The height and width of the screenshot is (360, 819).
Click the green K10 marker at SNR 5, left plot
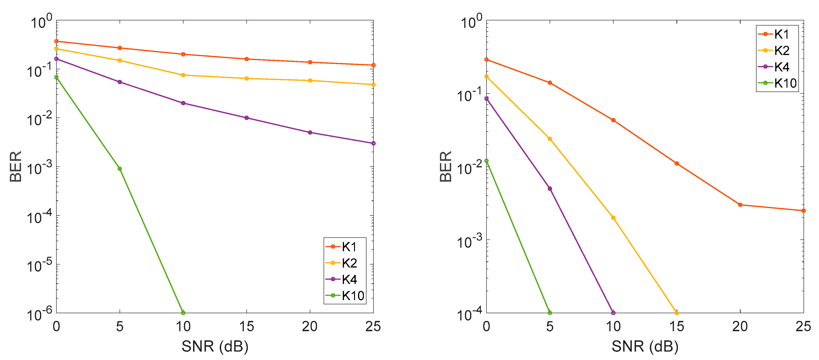click(x=120, y=169)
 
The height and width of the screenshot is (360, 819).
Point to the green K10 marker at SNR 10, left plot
click(x=183, y=313)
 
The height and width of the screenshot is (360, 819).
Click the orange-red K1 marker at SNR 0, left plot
click(x=56, y=41)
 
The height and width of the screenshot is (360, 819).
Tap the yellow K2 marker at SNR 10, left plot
click(x=183, y=75)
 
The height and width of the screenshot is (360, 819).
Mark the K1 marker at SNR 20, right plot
click(x=740, y=205)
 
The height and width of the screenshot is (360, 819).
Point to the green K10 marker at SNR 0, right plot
click(x=486, y=161)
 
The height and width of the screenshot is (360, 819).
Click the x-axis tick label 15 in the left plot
click(x=246, y=327)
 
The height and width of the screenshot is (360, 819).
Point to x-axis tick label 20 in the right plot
click(x=740, y=327)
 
